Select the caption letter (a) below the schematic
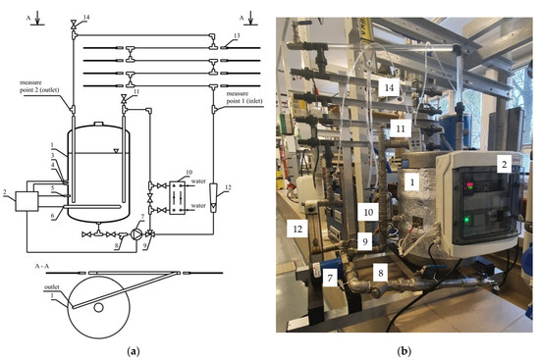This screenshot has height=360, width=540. pos(134,350)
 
